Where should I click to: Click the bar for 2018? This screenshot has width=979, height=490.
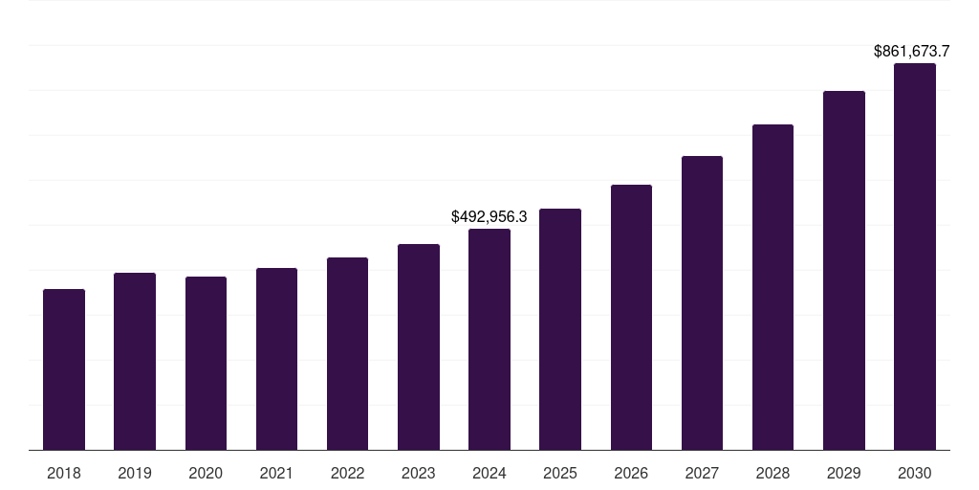click(64, 369)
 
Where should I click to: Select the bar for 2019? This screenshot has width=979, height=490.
click(135, 362)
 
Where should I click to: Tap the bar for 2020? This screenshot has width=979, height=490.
click(206, 364)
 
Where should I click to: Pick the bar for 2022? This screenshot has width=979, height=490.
click(347, 354)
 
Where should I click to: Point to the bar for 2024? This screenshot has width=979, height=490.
click(489, 340)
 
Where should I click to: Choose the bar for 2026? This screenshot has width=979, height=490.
click(631, 318)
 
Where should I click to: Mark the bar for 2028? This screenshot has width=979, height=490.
click(772, 287)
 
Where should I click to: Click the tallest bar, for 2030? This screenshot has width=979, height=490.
click(915, 256)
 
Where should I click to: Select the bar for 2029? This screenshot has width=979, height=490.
click(844, 271)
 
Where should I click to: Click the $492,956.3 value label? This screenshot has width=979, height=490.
click(489, 217)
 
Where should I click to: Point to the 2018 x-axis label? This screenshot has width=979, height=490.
click(64, 473)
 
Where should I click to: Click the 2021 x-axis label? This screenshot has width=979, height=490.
click(276, 473)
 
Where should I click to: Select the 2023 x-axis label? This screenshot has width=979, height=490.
click(419, 473)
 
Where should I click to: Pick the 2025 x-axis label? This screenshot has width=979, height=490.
click(560, 473)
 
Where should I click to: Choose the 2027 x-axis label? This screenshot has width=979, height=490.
click(702, 473)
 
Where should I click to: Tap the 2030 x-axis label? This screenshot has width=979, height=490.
click(915, 473)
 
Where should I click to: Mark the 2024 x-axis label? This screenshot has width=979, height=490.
click(489, 473)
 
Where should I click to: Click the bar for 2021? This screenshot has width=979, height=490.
click(276, 359)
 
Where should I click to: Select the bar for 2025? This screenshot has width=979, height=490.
click(560, 329)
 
